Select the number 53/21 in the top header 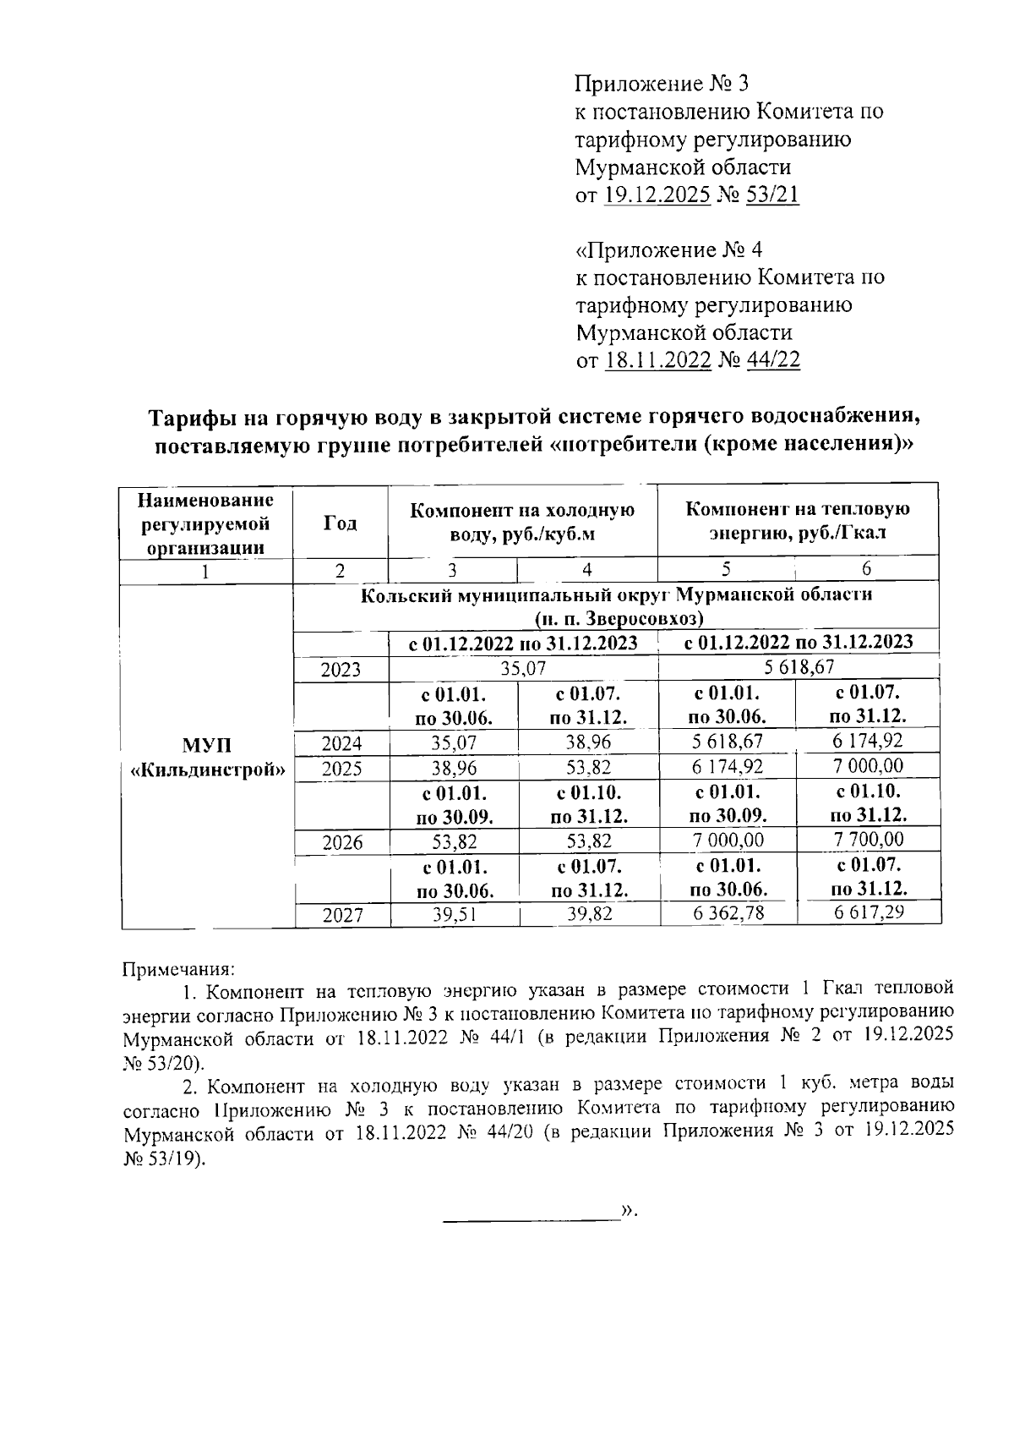click(771, 195)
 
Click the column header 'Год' click(340, 523)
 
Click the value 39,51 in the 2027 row click(455, 913)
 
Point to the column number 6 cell click(867, 568)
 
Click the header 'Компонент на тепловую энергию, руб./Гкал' click(798, 521)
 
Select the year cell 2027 click(341, 914)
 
